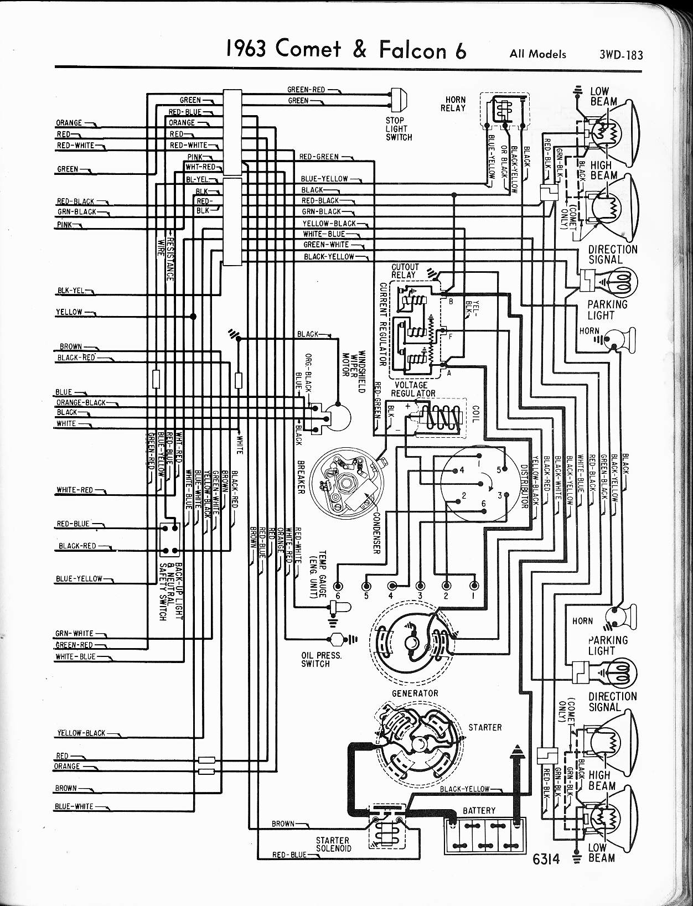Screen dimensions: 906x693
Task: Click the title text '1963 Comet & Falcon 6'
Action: coord(346,50)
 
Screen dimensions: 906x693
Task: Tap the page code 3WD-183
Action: coord(620,54)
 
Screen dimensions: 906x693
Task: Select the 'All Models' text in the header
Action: coord(538,54)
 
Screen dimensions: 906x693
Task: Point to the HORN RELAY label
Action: coord(453,103)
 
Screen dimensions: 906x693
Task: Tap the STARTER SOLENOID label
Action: coord(333,843)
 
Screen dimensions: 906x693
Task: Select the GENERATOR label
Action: coord(415,693)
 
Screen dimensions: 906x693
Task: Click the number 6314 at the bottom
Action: coord(546,858)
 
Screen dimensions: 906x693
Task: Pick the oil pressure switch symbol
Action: coord(336,640)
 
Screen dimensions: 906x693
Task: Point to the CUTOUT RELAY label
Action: coord(405,271)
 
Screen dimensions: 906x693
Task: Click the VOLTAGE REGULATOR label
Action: coord(412,389)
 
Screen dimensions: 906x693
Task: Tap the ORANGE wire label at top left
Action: coord(69,123)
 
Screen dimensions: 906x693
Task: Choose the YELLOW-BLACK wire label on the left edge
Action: coord(81,733)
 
